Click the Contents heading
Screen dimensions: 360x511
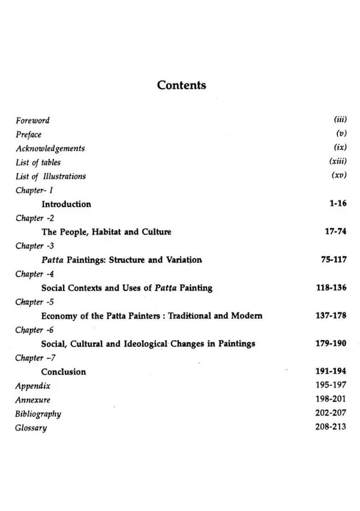pos(181,85)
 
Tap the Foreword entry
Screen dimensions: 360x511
pos(32,120)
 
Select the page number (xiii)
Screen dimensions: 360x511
pos(338,161)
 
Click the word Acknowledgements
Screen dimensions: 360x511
pos(50,149)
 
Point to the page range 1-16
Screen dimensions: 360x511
pos(338,203)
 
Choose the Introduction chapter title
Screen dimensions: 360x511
pos(66,204)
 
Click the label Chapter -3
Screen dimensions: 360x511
pos(35,246)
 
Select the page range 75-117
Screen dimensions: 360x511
pos(334,260)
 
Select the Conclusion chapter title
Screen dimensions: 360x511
pos(64,372)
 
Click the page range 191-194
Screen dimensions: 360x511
pos(331,371)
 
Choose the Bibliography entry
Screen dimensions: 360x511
pos(38,414)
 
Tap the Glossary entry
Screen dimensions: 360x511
pos(31,428)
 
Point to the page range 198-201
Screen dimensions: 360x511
pos(330,399)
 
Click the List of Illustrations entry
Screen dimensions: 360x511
pos(51,176)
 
